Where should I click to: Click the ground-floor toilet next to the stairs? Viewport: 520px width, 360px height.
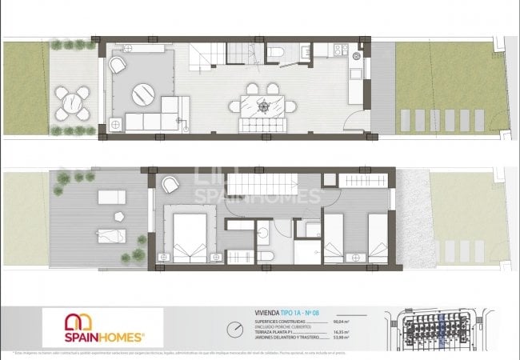point(274,53)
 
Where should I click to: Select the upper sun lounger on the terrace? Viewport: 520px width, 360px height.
point(109,197)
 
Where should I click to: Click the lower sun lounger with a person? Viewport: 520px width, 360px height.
point(108,234)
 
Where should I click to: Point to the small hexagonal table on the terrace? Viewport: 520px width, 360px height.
point(118,215)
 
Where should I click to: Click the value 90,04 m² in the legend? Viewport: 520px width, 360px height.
point(348,320)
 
